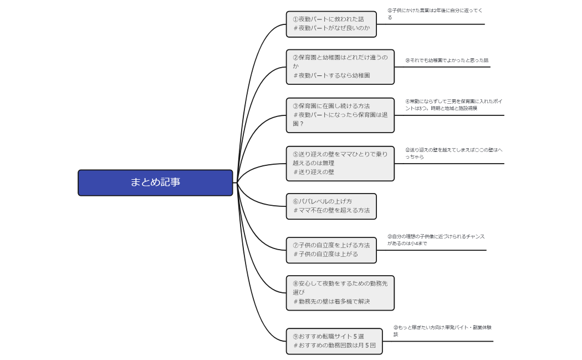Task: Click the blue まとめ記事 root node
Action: [x=155, y=182]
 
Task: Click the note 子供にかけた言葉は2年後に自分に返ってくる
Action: [x=435, y=14]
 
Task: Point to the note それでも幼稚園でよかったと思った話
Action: [x=447, y=60]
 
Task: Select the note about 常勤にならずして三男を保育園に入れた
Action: [x=453, y=105]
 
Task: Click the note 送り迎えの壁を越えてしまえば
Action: [x=453, y=153]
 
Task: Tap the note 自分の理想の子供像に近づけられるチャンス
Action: [x=436, y=240]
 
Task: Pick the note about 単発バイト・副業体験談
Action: [x=442, y=331]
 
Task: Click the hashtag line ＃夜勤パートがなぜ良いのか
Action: [x=331, y=28]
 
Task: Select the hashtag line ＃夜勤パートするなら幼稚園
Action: [x=331, y=75]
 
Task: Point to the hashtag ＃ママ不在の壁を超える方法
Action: [x=331, y=211]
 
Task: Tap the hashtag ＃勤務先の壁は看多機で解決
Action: [x=331, y=302]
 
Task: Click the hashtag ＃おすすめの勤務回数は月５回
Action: [x=334, y=345]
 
